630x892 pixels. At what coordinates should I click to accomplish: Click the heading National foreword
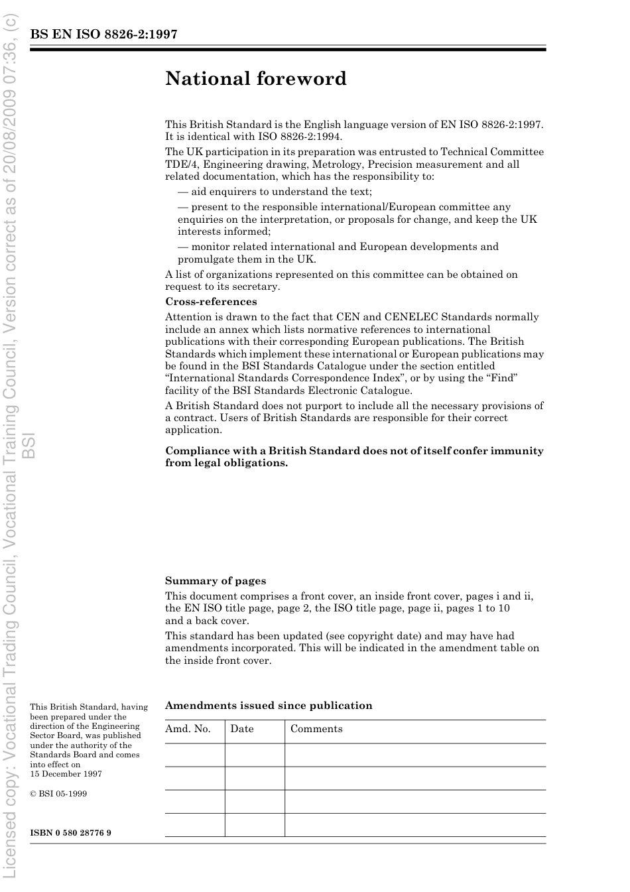256,79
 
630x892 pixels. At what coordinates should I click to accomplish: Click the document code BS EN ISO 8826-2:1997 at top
103,35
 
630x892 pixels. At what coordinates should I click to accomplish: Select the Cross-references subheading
211,302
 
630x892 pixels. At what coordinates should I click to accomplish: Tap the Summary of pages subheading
216,581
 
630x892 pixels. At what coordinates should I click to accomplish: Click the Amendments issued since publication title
269,706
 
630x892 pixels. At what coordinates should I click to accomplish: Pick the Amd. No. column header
188,729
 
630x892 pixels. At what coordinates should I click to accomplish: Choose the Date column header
242,729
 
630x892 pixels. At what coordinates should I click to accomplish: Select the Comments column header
316,729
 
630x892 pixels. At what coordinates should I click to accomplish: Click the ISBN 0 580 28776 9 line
70,832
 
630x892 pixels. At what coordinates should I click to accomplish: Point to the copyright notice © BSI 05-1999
58,794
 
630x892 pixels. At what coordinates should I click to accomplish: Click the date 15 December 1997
66,774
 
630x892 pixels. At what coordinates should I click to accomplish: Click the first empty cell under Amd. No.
194,755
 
